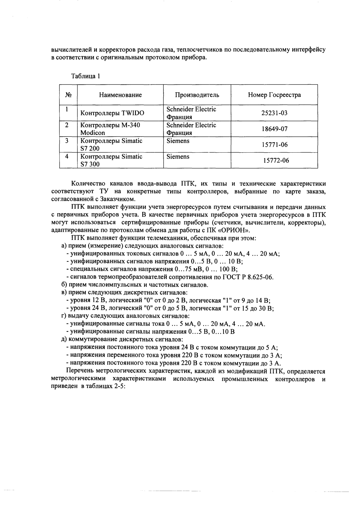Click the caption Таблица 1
85,76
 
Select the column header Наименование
120,95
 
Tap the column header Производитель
197,95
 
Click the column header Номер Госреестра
274,95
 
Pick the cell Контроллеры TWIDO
112,113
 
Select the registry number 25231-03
274,113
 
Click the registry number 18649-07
274,129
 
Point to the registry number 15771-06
274,145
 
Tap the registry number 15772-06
276,161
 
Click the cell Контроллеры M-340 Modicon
110,129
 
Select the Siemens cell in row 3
178,141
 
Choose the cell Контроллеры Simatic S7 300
111,161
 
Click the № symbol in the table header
68,95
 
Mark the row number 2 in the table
67,125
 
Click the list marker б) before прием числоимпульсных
64,285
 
